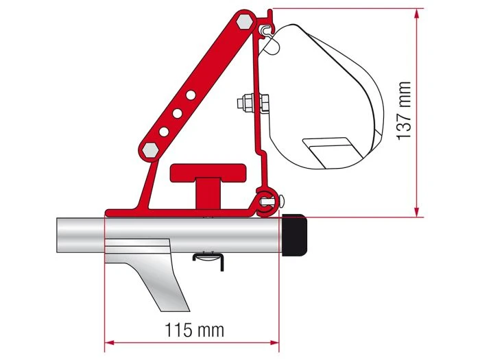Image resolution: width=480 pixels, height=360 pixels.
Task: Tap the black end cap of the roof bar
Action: (296, 235)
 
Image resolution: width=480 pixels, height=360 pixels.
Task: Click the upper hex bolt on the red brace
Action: (243, 23)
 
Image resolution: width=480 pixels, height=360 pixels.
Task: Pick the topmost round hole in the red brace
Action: (192, 93)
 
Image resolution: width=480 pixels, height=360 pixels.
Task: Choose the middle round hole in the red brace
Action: (178, 111)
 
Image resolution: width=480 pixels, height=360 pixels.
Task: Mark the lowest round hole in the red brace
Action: (164, 130)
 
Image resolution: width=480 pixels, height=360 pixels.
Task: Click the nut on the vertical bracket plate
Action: (245, 104)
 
